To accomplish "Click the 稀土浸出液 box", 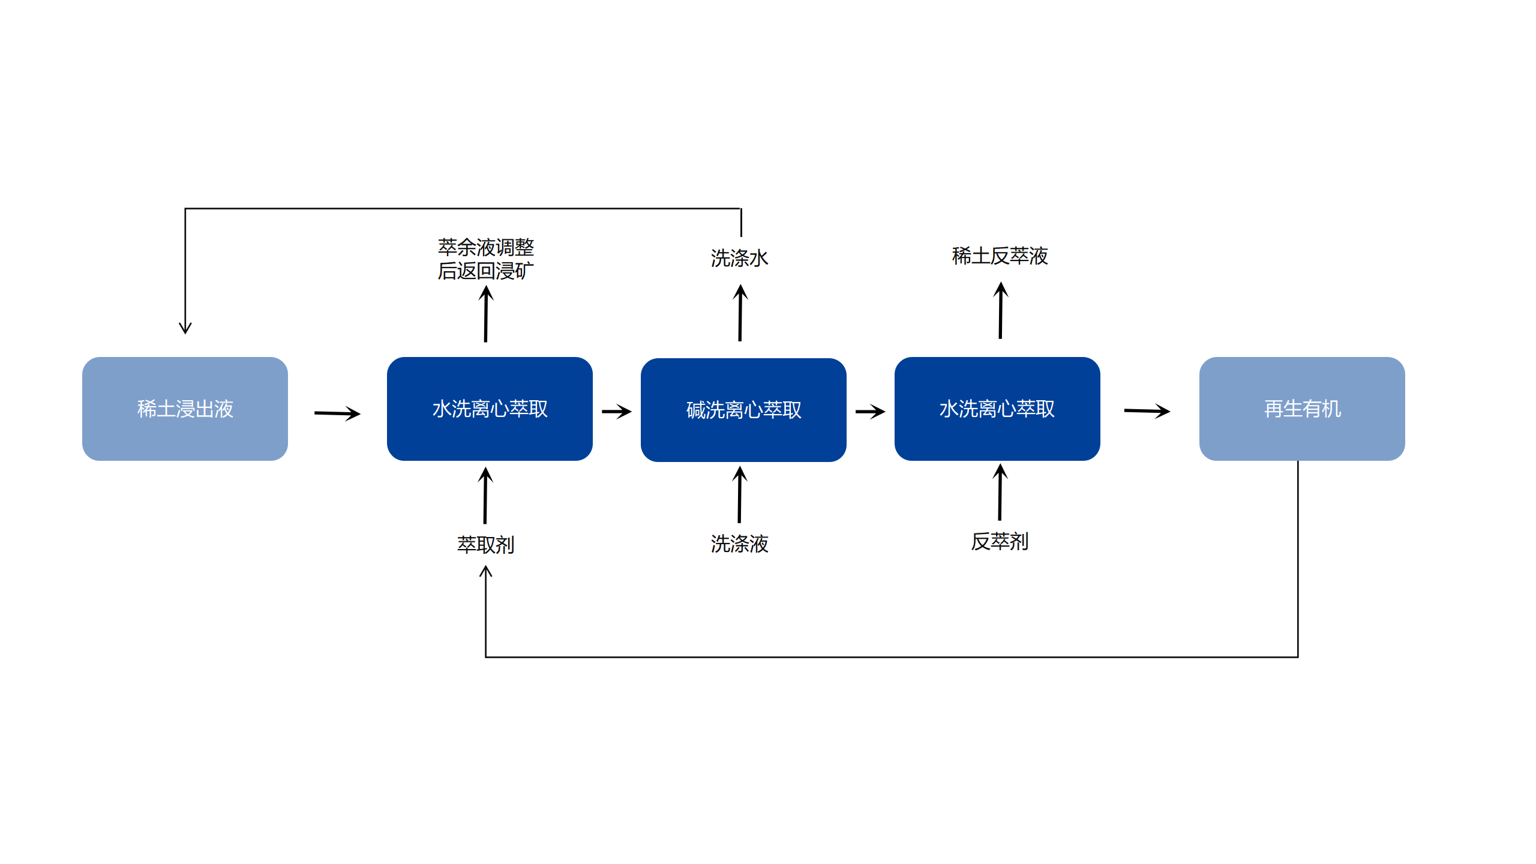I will [185, 409].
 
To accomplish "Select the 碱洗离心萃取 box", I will [743, 410].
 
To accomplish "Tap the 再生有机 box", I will [1301, 409].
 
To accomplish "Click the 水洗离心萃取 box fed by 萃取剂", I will [490, 409].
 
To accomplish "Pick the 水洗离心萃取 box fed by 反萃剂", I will [997, 409].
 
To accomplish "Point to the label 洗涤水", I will [739, 258].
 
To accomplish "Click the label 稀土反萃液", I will [1000, 256].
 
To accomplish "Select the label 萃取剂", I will [485, 544].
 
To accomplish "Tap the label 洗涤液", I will [739, 544].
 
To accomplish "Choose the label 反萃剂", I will [1000, 541].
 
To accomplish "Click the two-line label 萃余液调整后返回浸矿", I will [485, 259].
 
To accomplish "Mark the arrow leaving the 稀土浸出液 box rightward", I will [337, 413].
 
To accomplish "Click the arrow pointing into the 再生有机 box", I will [1147, 411].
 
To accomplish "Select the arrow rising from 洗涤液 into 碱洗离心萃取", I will [739, 495].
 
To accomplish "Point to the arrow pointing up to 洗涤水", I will [740, 313].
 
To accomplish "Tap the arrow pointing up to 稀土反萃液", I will [1000, 311].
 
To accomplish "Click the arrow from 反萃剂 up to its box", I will [1000, 492].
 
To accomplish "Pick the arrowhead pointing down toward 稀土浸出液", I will [185, 328].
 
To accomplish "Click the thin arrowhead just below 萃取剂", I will [485, 572].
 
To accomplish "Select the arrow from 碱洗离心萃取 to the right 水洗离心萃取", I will [870, 411].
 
